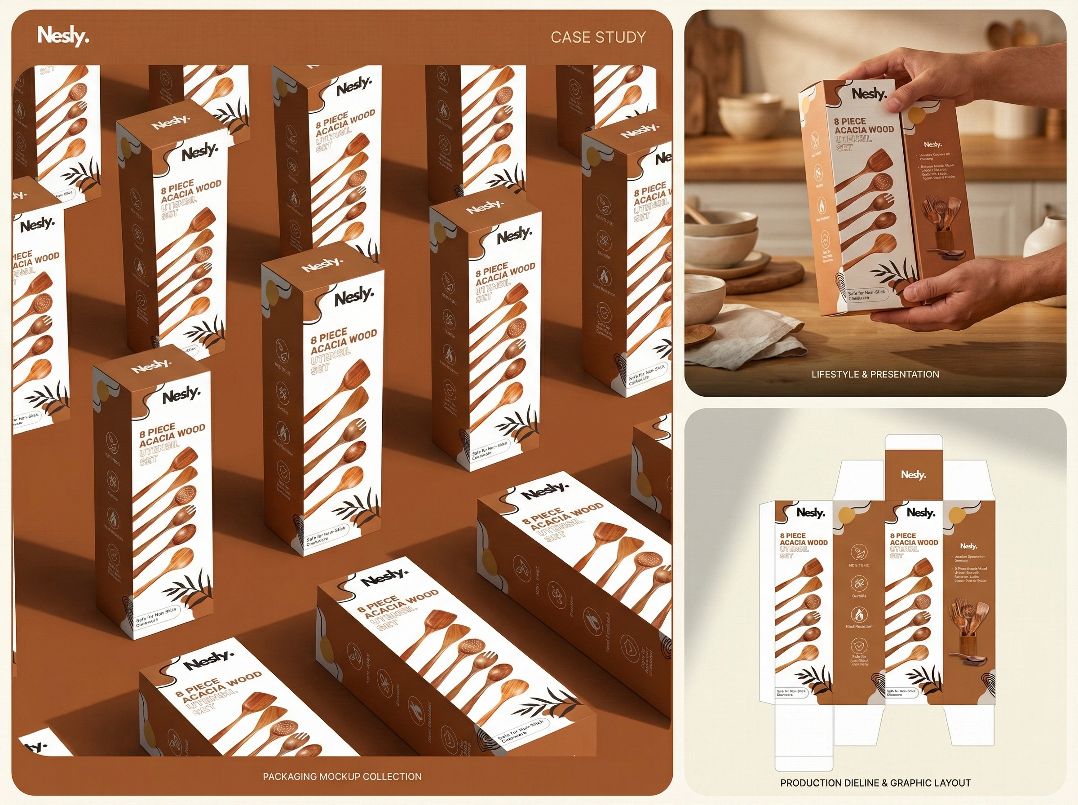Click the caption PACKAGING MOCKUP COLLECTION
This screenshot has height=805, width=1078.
342,776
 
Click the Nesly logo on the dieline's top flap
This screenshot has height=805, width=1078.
913,475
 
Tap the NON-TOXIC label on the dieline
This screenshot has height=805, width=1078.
859,565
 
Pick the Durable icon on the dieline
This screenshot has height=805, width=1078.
859,583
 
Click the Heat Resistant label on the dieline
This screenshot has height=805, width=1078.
859,626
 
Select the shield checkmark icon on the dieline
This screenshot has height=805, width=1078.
859,646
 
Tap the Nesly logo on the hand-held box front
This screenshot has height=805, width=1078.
869,93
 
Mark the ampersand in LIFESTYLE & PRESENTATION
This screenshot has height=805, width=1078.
864,374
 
